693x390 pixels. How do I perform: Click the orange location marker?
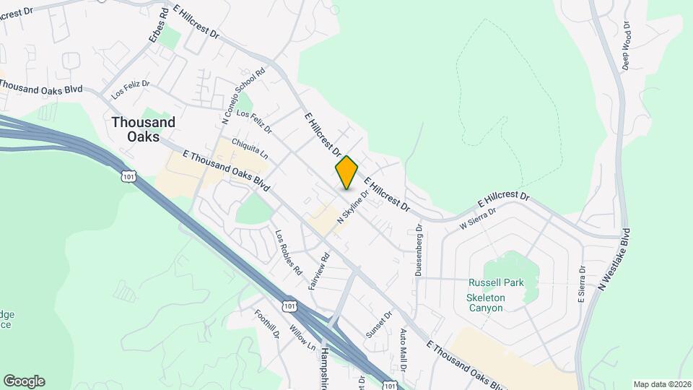coord(346,172)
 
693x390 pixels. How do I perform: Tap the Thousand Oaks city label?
coord(143,129)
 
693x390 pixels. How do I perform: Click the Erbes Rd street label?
coord(158,27)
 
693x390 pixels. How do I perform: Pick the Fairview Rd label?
coord(318,271)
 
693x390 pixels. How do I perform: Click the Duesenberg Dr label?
coord(419,250)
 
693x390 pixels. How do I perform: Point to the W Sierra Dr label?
coord(478,220)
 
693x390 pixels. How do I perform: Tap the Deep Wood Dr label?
coord(627,45)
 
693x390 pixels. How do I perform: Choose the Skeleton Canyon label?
coord(494,302)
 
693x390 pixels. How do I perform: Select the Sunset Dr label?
coord(378,324)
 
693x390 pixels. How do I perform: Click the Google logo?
coord(24,381)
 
